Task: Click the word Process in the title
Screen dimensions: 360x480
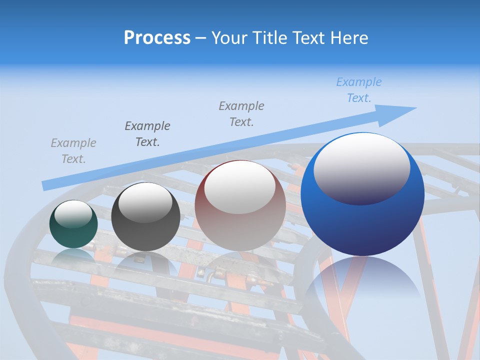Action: pyautogui.click(x=157, y=38)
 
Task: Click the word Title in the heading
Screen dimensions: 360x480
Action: pyautogui.click(x=268, y=38)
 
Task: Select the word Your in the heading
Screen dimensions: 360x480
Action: pyautogui.click(x=230, y=38)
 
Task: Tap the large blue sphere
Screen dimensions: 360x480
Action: pyautogui.click(x=362, y=220)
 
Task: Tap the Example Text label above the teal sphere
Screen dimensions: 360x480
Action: pyautogui.click(x=73, y=151)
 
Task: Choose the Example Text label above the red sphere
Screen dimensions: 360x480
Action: pyautogui.click(x=241, y=114)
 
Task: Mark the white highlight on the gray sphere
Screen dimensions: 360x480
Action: pyautogui.click(x=145, y=202)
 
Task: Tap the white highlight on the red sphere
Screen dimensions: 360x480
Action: pyautogui.click(x=239, y=187)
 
